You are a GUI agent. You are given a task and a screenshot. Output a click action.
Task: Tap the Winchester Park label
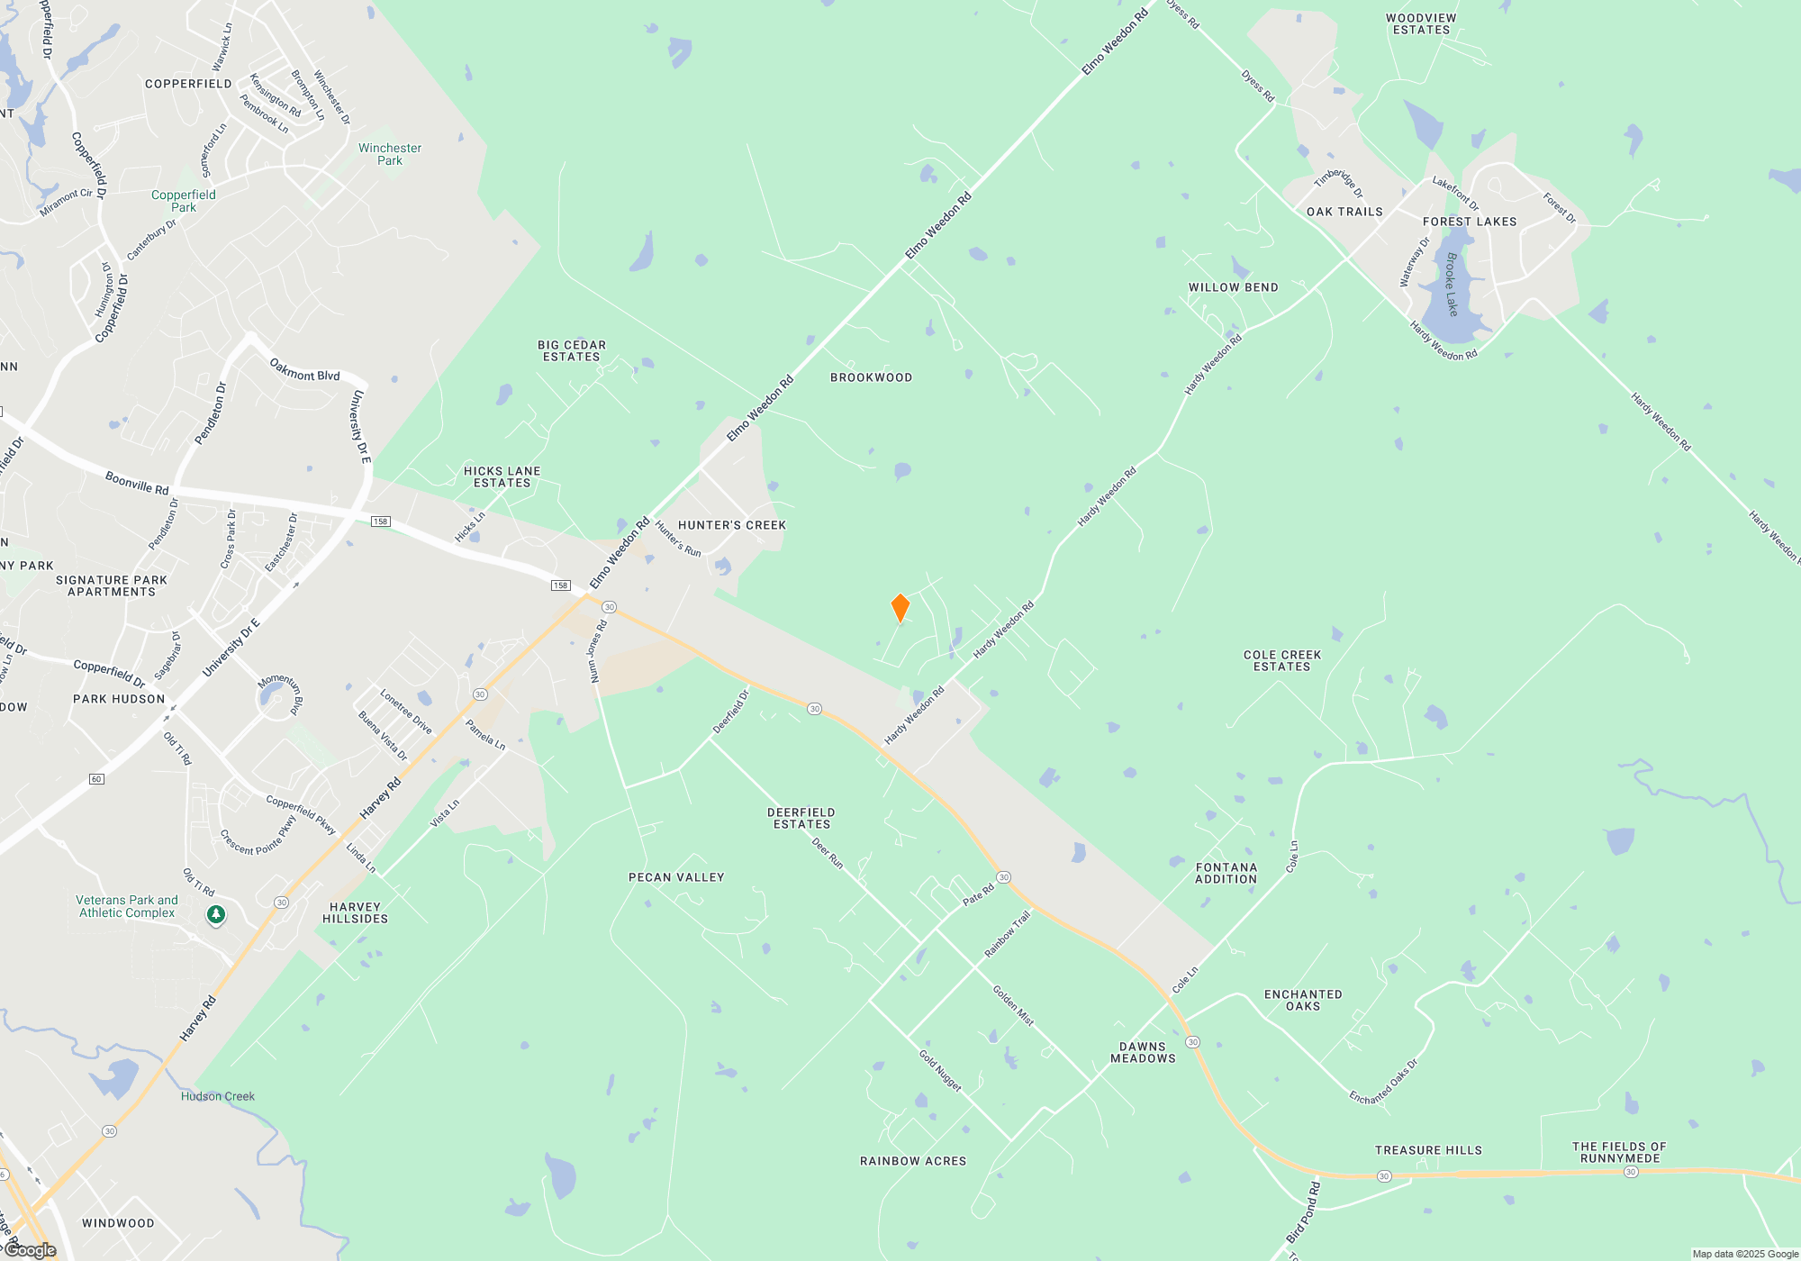[x=389, y=154]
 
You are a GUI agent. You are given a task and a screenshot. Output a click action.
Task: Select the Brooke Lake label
[x=1451, y=284]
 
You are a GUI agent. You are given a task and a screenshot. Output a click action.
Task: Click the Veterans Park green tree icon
[x=216, y=915]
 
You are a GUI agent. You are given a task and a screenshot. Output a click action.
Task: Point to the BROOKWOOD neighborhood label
[x=871, y=377]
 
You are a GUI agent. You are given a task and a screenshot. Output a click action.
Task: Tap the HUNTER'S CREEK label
[x=731, y=525]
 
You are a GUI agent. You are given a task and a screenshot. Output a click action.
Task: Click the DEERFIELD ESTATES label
[x=801, y=818]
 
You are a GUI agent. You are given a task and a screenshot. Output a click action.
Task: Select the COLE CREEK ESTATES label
[x=1281, y=660]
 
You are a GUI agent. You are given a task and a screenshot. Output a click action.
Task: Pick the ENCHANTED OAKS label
[x=1302, y=1000]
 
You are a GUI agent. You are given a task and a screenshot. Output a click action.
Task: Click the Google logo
[x=31, y=1250]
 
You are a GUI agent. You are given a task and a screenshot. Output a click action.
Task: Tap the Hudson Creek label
[x=217, y=1096]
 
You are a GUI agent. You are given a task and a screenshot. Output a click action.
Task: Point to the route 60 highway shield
[x=96, y=779]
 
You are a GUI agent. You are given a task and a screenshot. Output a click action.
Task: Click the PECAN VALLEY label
[x=676, y=877]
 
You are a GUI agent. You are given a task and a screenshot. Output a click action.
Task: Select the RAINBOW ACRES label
[x=912, y=1161]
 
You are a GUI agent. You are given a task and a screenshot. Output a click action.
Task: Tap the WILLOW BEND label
[x=1233, y=287]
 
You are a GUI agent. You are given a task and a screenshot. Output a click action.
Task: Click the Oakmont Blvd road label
[x=304, y=370]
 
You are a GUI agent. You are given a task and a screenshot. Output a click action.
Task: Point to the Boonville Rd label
[x=137, y=483]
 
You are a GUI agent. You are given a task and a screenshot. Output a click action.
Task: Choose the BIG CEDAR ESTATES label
[x=571, y=350]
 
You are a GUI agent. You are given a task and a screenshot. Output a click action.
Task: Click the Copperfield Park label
[x=184, y=201]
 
